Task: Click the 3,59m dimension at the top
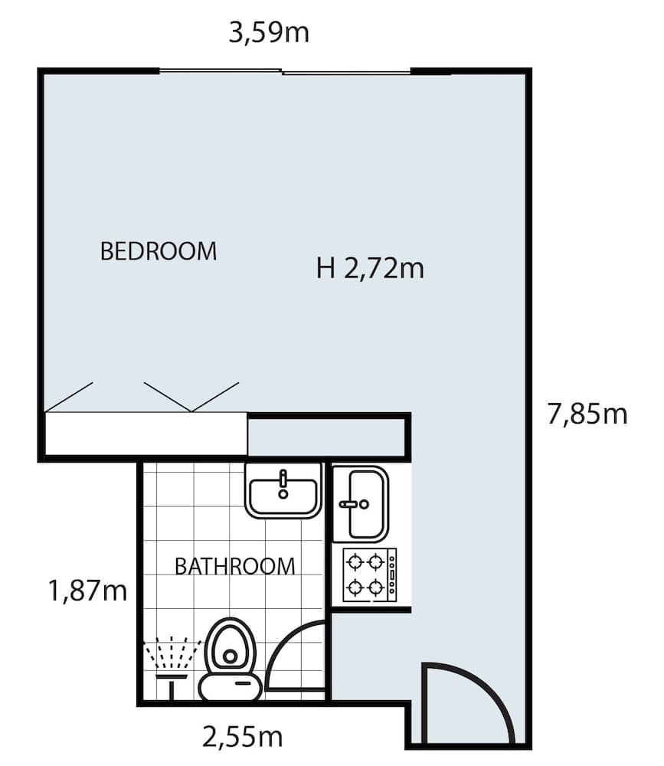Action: click(269, 33)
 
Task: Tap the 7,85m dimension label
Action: click(587, 414)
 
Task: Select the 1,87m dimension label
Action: click(87, 591)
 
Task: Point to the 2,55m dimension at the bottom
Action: click(242, 737)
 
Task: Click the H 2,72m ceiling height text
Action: click(370, 269)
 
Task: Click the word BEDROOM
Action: click(159, 250)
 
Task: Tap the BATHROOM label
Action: click(234, 566)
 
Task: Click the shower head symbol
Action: click(172, 658)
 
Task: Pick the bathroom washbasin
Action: click(283, 490)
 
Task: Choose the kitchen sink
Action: click(361, 503)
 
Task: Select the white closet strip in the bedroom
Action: click(146, 434)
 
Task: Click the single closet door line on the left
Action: click(69, 397)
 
